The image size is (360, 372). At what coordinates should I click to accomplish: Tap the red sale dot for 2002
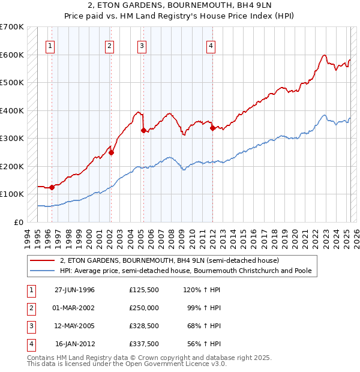(x=111, y=152)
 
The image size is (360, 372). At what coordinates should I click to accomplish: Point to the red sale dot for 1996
(x=52, y=187)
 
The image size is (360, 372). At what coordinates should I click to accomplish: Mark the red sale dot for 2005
(x=143, y=130)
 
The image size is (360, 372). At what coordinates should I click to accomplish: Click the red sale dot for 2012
(x=212, y=128)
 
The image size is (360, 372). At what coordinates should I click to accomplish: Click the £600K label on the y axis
(x=12, y=55)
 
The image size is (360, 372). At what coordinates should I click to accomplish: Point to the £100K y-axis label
(x=12, y=194)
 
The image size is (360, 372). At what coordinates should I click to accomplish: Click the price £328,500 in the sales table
(x=144, y=326)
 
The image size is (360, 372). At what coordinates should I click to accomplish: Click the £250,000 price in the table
(x=144, y=308)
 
